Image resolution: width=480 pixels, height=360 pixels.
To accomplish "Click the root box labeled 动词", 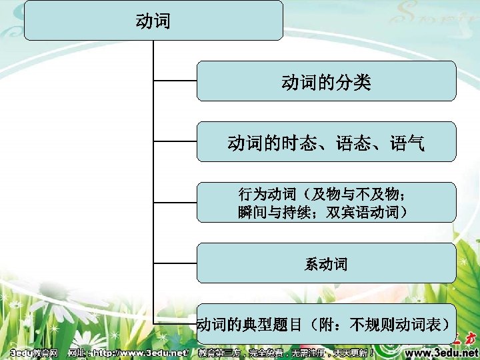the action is pos(153,20).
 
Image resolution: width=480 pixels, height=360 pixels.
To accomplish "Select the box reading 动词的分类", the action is pos(326,81).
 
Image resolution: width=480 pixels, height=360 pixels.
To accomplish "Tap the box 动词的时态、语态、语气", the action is pos(326,141).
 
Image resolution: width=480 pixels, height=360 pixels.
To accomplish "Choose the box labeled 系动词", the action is pos(326,263).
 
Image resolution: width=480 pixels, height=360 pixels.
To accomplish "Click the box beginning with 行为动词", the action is pos(326,203).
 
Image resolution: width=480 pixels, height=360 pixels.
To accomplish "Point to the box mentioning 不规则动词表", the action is pos(326,324).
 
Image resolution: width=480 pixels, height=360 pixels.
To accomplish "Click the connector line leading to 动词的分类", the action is pos(175,81).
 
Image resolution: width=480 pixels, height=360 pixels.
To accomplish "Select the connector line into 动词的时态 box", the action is pos(175,141).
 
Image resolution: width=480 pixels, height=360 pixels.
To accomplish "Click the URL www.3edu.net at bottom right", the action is pos(442,352).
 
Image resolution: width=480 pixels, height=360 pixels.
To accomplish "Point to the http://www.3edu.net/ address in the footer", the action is pos(141,352).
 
